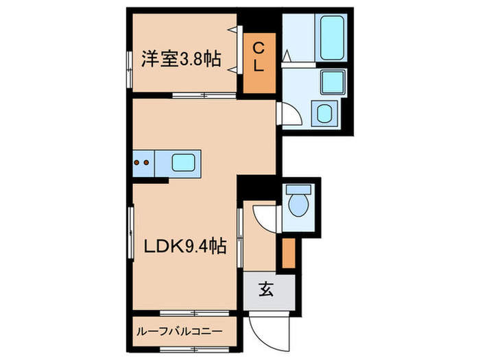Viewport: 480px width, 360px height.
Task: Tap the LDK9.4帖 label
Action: pos(185,246)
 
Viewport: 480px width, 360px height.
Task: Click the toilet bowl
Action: pos(299,202)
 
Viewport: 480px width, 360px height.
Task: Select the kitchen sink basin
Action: pos(184,163)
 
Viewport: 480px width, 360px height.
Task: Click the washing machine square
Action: pos(322,112)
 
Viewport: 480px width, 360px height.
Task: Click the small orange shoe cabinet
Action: pos(289,253)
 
